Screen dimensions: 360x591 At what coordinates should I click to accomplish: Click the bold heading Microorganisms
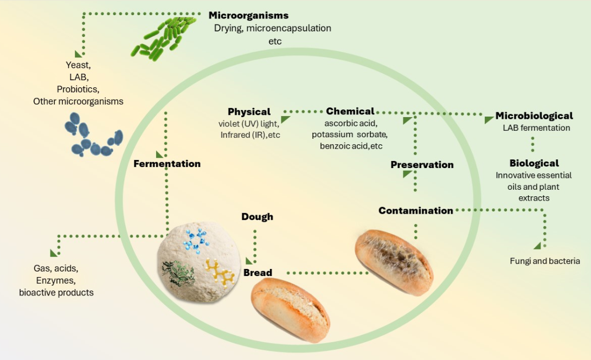click(x=249, y=15)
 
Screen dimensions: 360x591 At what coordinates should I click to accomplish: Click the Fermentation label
click(x=167, y=164)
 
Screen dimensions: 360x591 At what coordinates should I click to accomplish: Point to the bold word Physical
click(x=249, y=112)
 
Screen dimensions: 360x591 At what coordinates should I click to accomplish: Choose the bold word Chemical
click(x=350, y=112)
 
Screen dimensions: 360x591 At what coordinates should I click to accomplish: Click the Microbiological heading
click(x=534, y=116)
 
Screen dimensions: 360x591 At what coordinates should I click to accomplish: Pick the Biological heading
click(x=534, y=163)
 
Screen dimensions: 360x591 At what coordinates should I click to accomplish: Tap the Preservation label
click(x=422, y=165)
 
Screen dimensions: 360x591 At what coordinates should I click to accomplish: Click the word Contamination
click(x=416, y=210)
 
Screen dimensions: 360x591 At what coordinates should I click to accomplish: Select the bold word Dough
click(x=257, y=217)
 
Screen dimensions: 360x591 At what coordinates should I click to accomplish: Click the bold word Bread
click(x=258, y=272)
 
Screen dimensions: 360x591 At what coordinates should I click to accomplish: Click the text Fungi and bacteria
click(x=545, y=261)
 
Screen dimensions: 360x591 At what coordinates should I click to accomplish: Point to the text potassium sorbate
click(x=350, y=133)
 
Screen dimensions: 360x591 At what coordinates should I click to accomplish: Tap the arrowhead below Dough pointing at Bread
click(x=250, y=261)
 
